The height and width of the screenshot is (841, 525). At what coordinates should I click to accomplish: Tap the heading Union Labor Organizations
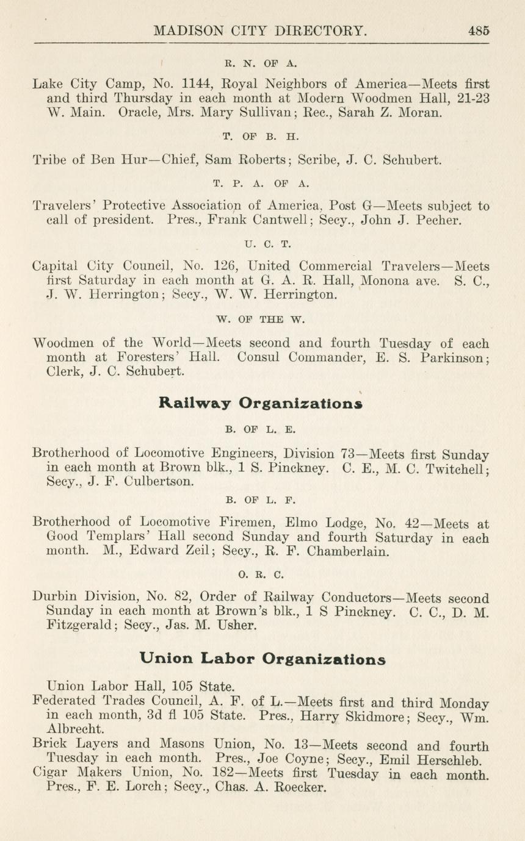[x=262, y=659]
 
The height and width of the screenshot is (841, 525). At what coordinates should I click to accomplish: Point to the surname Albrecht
[x=76, y=729]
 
